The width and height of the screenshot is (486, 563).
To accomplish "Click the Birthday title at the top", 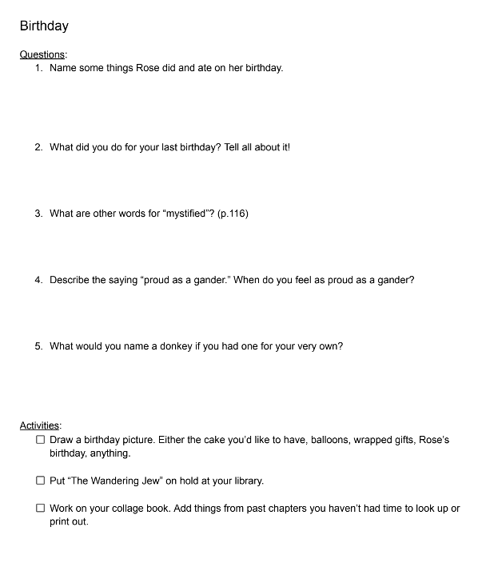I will (44, 26).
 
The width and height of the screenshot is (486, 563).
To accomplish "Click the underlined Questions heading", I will (42, 54).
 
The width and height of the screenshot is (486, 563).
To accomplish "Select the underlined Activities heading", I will (40, 426).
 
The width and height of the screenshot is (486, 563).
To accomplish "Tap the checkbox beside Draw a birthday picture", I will (40, 441).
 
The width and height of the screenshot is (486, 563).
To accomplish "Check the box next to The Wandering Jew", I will (40, 481).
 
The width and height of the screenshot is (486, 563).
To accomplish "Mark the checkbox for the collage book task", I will (40, 509).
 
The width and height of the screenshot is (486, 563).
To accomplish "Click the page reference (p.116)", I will (233, 214).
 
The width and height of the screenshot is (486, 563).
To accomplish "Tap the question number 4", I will (38, 280).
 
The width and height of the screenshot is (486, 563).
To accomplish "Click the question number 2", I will (38, 147).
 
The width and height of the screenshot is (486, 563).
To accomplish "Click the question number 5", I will (38, 346).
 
